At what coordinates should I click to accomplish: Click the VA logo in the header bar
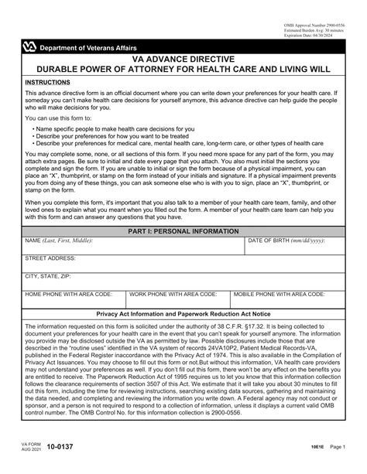point(29,47)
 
